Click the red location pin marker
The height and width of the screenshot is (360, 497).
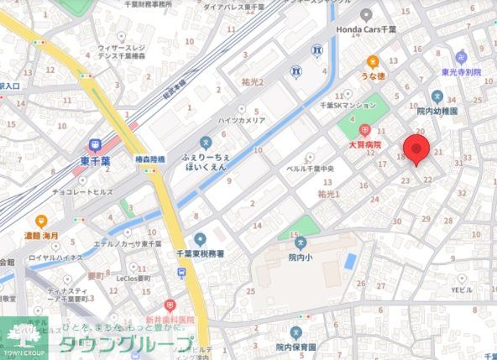[x=416, y=149]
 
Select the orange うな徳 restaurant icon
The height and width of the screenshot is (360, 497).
[x=373, y=61]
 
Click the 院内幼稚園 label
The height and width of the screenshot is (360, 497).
[x=437, y=110]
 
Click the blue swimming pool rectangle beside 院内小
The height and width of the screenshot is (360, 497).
[x=350, y=260]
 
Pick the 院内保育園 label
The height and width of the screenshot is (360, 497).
[x=296, y=347]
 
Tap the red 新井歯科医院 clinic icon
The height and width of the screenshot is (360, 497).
[x=170, y=305]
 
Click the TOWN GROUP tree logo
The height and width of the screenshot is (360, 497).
[x=24, y=334]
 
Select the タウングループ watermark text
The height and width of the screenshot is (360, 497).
[x=126, y=344]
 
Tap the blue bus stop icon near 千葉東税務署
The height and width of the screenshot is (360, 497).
[x=181, y=273]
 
